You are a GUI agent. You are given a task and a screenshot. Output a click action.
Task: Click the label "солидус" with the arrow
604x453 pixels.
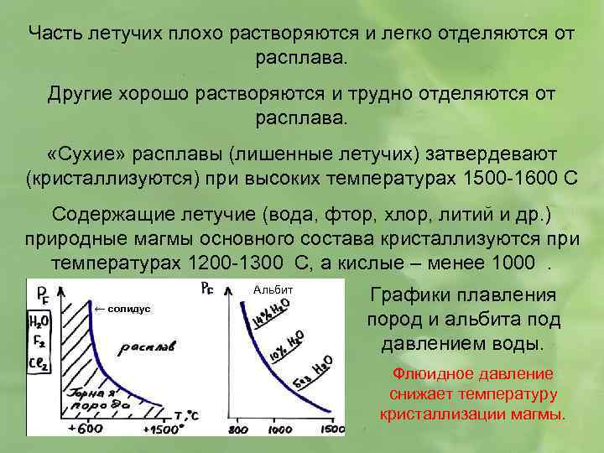tap(122, 309)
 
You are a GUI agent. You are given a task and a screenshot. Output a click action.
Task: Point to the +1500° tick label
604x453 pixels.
tap(164, 429)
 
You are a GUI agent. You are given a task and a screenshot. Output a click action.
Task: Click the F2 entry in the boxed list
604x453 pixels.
tap(38, 342)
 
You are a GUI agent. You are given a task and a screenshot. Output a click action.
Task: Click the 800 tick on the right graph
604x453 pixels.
tap(238, 430)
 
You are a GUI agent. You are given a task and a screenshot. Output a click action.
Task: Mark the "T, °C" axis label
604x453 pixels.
tap(187, 414)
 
